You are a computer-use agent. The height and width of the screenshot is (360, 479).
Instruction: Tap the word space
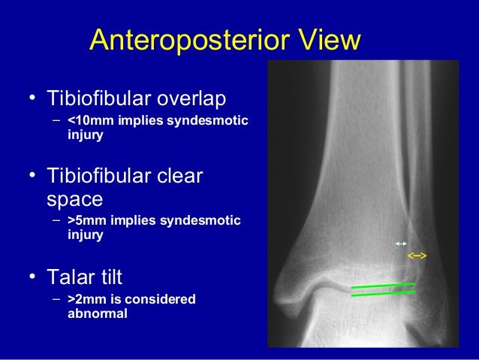74,200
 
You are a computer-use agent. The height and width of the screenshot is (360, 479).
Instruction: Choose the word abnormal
97,314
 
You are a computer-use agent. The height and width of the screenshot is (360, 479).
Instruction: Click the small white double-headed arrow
401,244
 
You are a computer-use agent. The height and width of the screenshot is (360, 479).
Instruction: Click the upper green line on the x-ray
383,286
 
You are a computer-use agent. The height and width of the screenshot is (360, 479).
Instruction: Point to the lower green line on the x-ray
383,294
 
